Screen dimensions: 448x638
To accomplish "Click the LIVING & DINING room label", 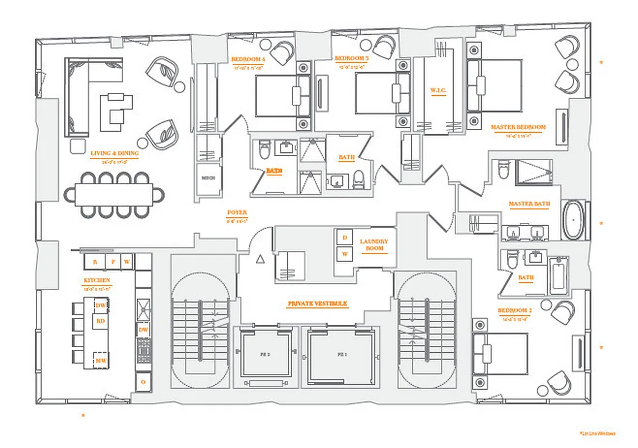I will pos(114,153).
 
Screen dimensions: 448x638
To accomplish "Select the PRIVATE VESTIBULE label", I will pos(318,303).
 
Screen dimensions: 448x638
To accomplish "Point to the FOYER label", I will pos(237,213).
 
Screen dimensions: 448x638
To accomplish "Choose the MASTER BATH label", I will pos(529,204).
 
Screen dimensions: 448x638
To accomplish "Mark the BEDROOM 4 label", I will pos(248,59).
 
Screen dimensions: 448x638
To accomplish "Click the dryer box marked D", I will pos(344,237).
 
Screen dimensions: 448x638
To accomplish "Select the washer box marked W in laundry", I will pos(344,254).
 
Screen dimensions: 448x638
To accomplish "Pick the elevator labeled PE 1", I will pos(340,355).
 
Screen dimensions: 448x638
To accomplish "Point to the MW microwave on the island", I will pos(101,361).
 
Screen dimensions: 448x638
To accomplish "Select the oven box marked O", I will pos(143,381).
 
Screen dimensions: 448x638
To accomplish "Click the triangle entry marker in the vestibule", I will pos(259,259).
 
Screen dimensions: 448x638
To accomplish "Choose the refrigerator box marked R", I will pos(95,262).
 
